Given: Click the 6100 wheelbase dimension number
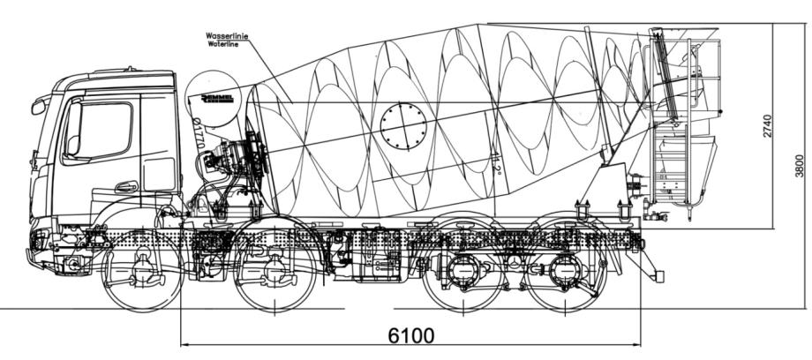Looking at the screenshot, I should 410,337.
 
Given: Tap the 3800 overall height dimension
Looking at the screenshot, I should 799,164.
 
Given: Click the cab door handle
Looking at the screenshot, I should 126,187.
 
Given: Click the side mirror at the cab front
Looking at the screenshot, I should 38,107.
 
